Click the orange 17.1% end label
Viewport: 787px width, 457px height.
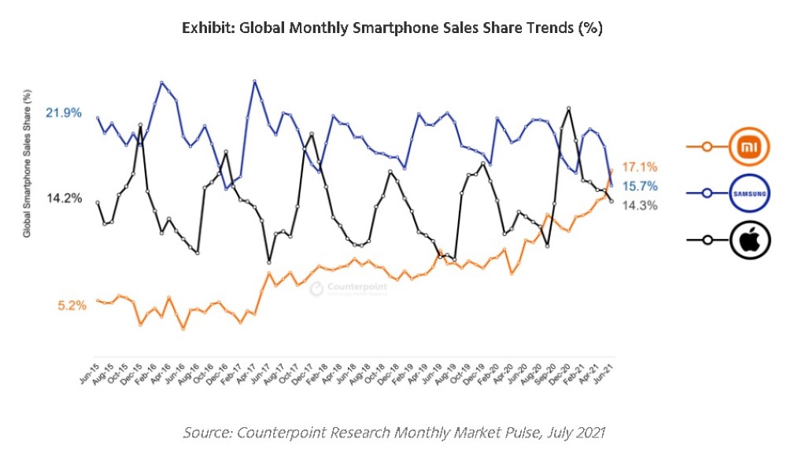coord(639,167)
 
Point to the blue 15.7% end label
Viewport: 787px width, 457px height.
coord(640,186)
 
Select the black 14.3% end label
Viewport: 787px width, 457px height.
coord(640,205)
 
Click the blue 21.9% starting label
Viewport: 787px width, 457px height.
coord(64,113)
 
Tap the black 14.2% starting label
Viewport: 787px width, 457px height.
coord(64,198)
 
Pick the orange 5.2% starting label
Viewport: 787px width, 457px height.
coord(72,305)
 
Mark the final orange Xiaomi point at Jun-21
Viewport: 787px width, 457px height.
coord(611,171)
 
